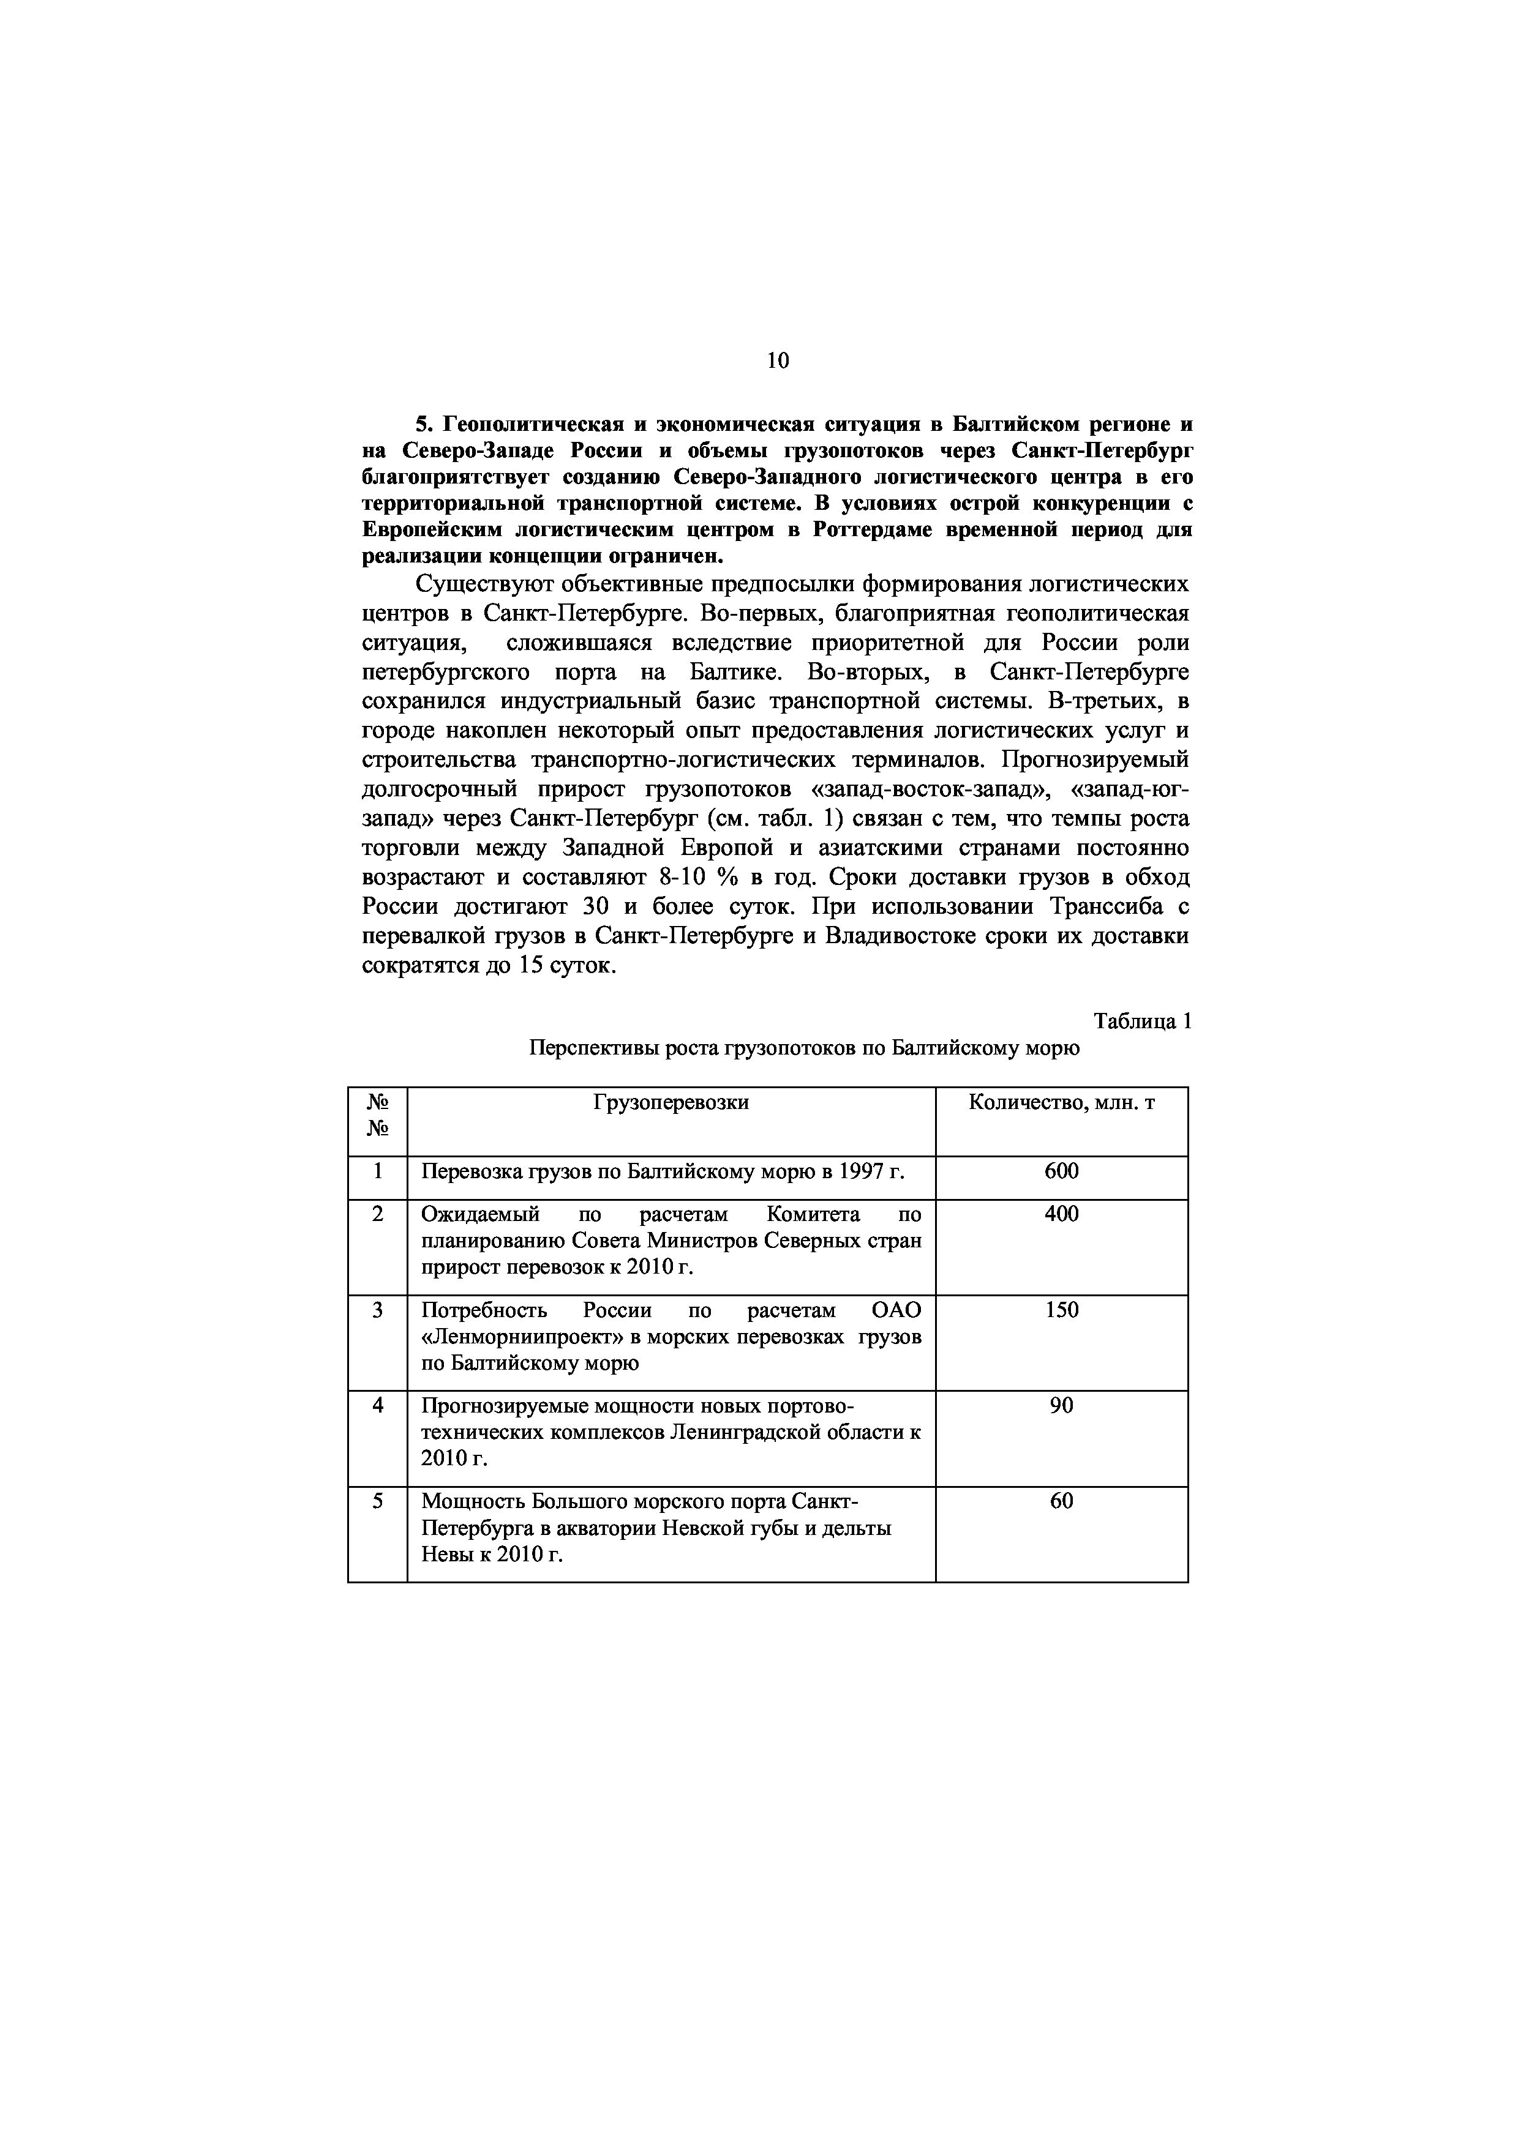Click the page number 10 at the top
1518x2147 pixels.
tap(777, 360)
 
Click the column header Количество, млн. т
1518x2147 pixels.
tap(1062, 1102)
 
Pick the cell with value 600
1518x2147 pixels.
tap(1062, 1171)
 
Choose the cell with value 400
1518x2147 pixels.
tap(1062, 1214)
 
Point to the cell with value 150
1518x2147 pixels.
tap(1062, 1310)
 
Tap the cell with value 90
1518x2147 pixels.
tap(1062, 1405)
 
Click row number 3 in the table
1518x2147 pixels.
tap(378, 1310)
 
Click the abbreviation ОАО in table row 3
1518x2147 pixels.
tap(895, 1310)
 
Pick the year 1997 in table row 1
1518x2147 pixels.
tap(862, 1171)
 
